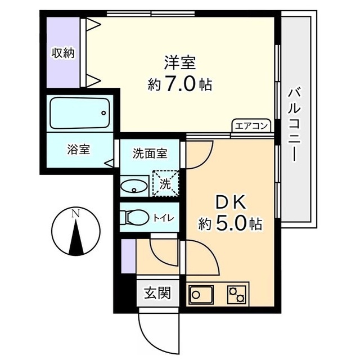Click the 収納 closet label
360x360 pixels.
pyautogui.click(x=64, y=53)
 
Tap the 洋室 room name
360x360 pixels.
pyautogui.click(x=180, y=61)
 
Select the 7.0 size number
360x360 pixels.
pyautogui.click(x=180, y=84)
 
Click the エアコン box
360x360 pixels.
pyautogui.click(x=251, y=126)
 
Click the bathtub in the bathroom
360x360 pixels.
pyautogui.click(x=80, y=112)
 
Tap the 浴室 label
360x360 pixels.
pyautogui.click(x=79, y=150)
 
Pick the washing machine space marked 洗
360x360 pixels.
pyautogui.click(x=166, y=183)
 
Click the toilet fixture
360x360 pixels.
pyautogui.click(x=136, y=217)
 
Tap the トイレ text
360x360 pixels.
pyautogui.click(x=164, y=217)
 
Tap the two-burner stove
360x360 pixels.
pyautogui.click(x=237, y=294)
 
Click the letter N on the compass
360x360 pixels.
pyautogui.click(x=75, y=213)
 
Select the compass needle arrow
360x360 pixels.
pyautogui.click(x=75, y=236)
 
